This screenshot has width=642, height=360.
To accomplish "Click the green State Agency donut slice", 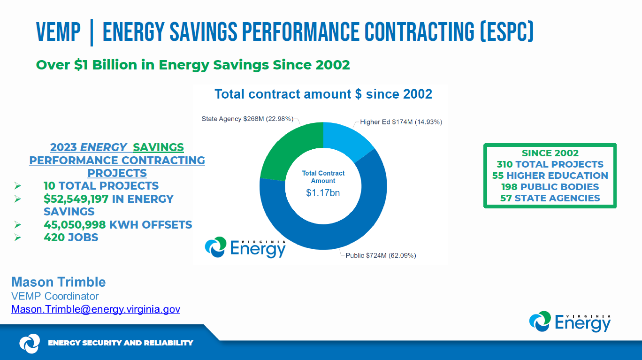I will pyautogui.click(x=289, y=146).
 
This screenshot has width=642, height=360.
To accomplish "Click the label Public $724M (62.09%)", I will pyautogui.click(x=381, y=256).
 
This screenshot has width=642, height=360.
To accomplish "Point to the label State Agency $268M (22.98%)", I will pyautogui.click(x=247, y=119).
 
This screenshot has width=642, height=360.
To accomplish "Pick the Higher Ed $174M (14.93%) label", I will pyautogui.click(x=401, y=122).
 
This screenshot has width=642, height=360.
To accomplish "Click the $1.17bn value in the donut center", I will pyautogui.click(x=323, y=193).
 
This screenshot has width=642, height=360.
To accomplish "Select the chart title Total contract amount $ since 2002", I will pyautogui.click(x=323, y=94).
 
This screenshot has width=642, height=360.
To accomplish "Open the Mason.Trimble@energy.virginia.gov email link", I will pyautogui.click(x=96, y=309).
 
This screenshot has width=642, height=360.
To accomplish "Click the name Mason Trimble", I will pyautogui.click(x=59, y=282).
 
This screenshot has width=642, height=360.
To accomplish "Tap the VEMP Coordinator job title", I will pyautogui.click(x=55, y=296).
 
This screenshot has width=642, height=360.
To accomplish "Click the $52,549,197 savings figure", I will pyautogui.click(x=76, y=199).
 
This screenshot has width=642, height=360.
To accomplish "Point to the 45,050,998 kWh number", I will pyautogui.click(x=75, y=225).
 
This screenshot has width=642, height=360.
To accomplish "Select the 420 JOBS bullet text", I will pyautogui.click(x=71, y=237).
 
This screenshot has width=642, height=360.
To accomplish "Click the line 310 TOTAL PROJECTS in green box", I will pyautogui.click(x=550, y=164).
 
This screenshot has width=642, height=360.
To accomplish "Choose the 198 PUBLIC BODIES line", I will pyautogui.click(x=550, y=187).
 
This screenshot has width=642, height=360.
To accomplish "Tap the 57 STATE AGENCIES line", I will pyautogui.click(x=550, y=198).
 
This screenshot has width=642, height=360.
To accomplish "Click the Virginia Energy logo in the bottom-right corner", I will pyautogui.click(x=570, y=322).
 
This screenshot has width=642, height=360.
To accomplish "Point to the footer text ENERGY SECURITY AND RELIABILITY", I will pyautogui.click(x=120, y=343).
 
